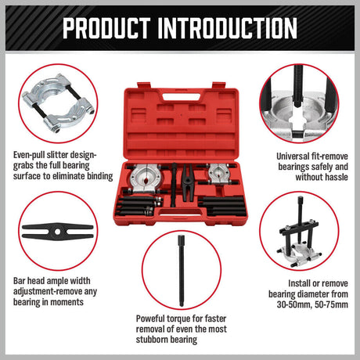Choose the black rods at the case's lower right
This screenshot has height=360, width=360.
[220, 207]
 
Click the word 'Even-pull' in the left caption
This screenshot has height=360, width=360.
[32, 155]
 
